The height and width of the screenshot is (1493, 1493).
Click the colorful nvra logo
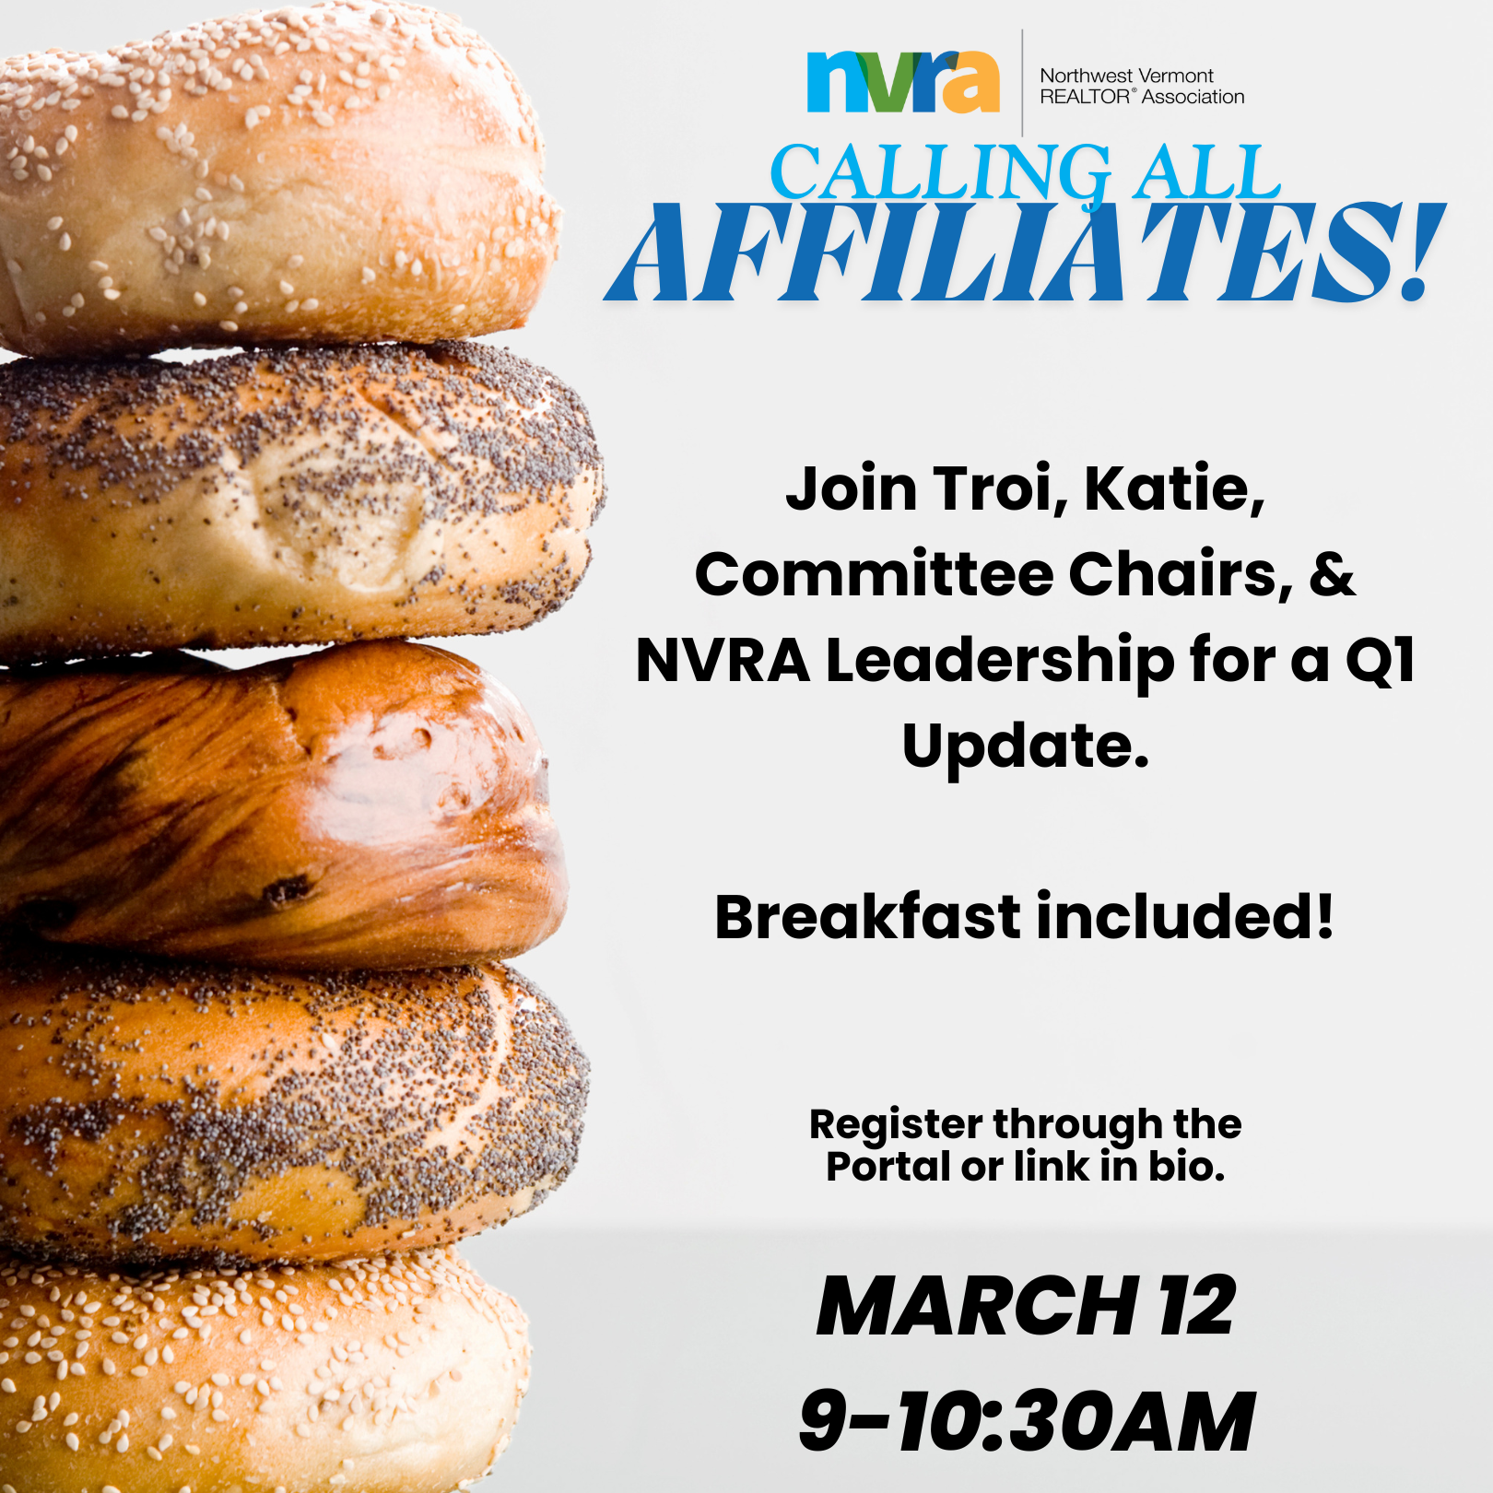(903, 82)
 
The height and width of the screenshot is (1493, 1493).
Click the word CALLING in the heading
(941, 172)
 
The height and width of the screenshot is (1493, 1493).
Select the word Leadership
(1000, 661)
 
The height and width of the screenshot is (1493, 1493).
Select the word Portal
(888, 1167)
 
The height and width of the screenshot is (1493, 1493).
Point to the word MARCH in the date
(977, 1306)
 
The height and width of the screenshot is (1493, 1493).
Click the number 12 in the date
(1197, 1306)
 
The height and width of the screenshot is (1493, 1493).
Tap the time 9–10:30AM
(1027, 1421)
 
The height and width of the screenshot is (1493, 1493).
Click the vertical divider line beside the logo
(1022, 83)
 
